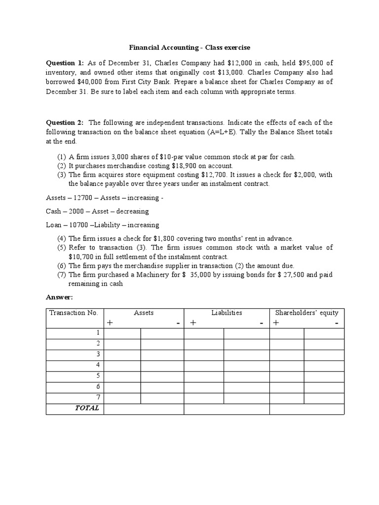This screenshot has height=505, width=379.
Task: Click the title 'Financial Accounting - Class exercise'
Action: pyautogui.click(x=189, y=48)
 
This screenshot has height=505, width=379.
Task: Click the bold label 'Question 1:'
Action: pyautogui.click(x=65, y=63)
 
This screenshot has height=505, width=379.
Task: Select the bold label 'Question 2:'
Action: pyautogui.click(x=65, y=122)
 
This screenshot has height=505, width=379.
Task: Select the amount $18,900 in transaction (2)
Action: pyautogui.click(x=173, y=166)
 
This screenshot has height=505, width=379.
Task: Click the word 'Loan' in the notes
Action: pyautogui.click(x=53, y=225)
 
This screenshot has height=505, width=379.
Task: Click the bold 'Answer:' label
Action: pyautogui.click(x=59, y=297)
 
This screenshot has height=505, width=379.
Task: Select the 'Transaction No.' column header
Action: pyautogui.click(x=74, y=313)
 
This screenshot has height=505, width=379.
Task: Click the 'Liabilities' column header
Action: pyautogui.click(x=227, y=313)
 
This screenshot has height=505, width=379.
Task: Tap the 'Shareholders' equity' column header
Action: pyautogui.click(x=306, y=313)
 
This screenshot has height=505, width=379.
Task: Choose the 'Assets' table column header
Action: pyautogui.click(x=144, y=313)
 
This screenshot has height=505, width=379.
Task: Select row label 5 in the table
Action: pyautogui.click(x=98, y=376)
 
